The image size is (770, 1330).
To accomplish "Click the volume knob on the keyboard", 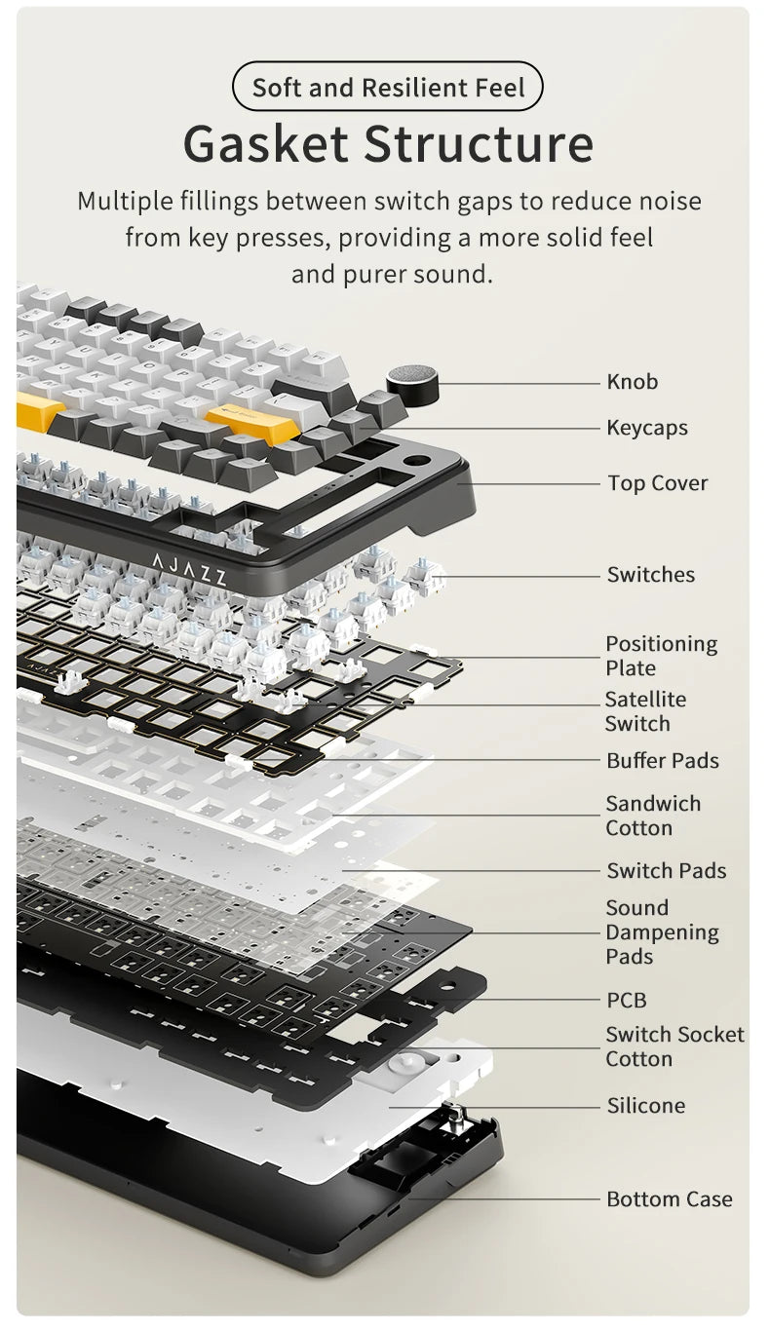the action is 412,383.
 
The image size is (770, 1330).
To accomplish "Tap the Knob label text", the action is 633,382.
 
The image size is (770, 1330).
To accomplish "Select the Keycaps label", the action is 647,428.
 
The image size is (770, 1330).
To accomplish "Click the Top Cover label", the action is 658,483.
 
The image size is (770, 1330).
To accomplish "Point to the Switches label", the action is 650,575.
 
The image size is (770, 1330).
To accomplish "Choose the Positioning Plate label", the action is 661,656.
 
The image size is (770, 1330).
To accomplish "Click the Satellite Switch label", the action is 645,711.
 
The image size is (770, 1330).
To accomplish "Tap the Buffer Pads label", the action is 663,761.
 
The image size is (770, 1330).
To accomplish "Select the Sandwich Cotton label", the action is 653,816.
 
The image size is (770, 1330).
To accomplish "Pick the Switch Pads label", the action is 666,871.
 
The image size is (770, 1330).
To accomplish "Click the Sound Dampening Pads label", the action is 662,932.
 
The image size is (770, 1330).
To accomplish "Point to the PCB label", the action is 626,1001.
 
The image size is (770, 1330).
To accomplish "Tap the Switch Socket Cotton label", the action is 674,1046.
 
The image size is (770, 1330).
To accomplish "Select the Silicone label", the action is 646,1106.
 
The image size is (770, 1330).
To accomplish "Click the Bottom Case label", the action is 669,1199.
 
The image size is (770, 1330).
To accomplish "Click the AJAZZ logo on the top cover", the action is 189,569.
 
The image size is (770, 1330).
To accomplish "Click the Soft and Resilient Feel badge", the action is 387,87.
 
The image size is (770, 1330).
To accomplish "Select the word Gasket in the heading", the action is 265,143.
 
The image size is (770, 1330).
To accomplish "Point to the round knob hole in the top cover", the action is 416,461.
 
